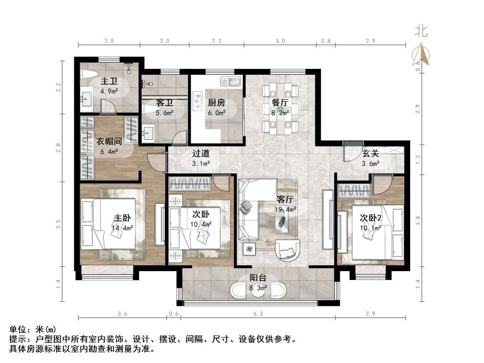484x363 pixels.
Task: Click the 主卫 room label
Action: tap(109, 81)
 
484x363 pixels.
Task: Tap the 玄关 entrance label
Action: tap(371, 154)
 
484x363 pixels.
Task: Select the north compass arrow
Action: tap(422, 54)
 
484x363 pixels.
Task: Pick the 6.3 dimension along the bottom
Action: tap(258, 314)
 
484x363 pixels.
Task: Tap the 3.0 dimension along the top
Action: tap(280, 41)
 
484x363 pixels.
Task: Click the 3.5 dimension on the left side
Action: tap(58, 224)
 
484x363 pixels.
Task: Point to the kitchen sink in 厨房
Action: tap(229, 81)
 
